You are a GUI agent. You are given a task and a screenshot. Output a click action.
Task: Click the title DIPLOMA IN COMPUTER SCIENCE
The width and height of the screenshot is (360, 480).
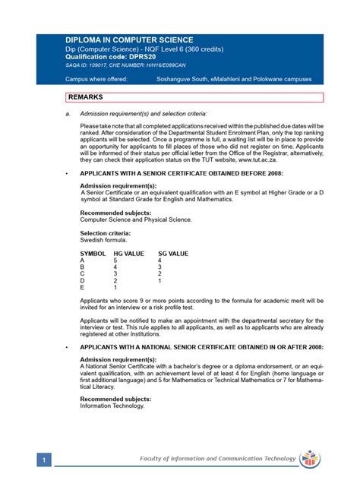129,39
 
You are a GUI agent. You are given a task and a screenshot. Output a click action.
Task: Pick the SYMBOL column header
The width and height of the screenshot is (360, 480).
93,253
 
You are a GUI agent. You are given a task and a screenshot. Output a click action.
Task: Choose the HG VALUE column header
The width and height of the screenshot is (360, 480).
128,253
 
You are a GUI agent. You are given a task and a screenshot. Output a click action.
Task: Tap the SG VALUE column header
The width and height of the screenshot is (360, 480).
173,253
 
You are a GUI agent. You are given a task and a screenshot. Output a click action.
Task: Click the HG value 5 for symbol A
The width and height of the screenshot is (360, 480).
115,260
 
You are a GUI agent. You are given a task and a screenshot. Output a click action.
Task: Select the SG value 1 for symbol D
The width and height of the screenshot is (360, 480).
159,281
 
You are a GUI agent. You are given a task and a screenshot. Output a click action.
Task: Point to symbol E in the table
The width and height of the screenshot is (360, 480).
82,288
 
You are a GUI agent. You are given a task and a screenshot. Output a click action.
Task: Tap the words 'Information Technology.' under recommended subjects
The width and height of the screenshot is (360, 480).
112,406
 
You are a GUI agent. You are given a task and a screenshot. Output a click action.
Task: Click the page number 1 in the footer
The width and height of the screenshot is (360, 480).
46,460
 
